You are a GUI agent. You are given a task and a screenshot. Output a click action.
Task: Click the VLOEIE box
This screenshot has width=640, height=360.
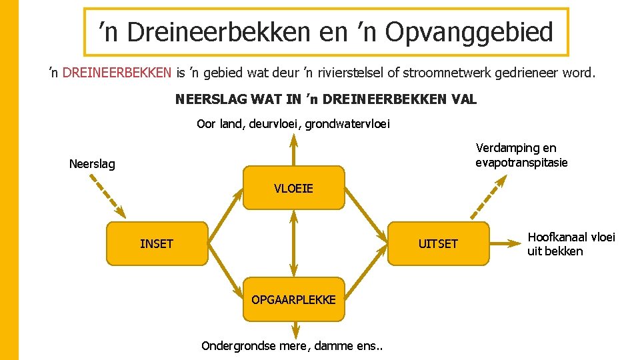[x=293, y=188]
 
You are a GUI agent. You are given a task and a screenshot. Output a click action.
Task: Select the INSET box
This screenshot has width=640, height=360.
[x=157, y=244]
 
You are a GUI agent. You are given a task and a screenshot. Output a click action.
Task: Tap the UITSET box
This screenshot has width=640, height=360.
[x=438, y=244]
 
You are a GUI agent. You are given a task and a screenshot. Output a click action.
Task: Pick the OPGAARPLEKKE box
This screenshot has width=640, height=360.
[x=293, y=299]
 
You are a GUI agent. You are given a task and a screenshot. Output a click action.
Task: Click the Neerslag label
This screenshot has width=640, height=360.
[x=92, y=164]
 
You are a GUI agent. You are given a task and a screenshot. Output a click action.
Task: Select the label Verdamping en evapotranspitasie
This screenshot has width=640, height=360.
[x=521, y=155]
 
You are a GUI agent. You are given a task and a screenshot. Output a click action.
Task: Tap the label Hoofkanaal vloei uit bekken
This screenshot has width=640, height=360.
[x=571, y=244]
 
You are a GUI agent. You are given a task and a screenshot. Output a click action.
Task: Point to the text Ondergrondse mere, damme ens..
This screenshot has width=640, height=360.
[x=297, y=345]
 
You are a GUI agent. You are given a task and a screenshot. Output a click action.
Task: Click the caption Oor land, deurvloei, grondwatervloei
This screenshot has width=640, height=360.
[x=293, y=123]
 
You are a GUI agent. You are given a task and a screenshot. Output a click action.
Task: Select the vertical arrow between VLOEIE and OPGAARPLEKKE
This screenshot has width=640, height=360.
[x=293, y=243]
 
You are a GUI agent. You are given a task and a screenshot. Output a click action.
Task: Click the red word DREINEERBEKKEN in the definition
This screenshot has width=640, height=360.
[x=117, y=73]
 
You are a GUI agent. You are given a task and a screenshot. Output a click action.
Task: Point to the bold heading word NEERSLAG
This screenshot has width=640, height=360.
[x=211, y=100]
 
